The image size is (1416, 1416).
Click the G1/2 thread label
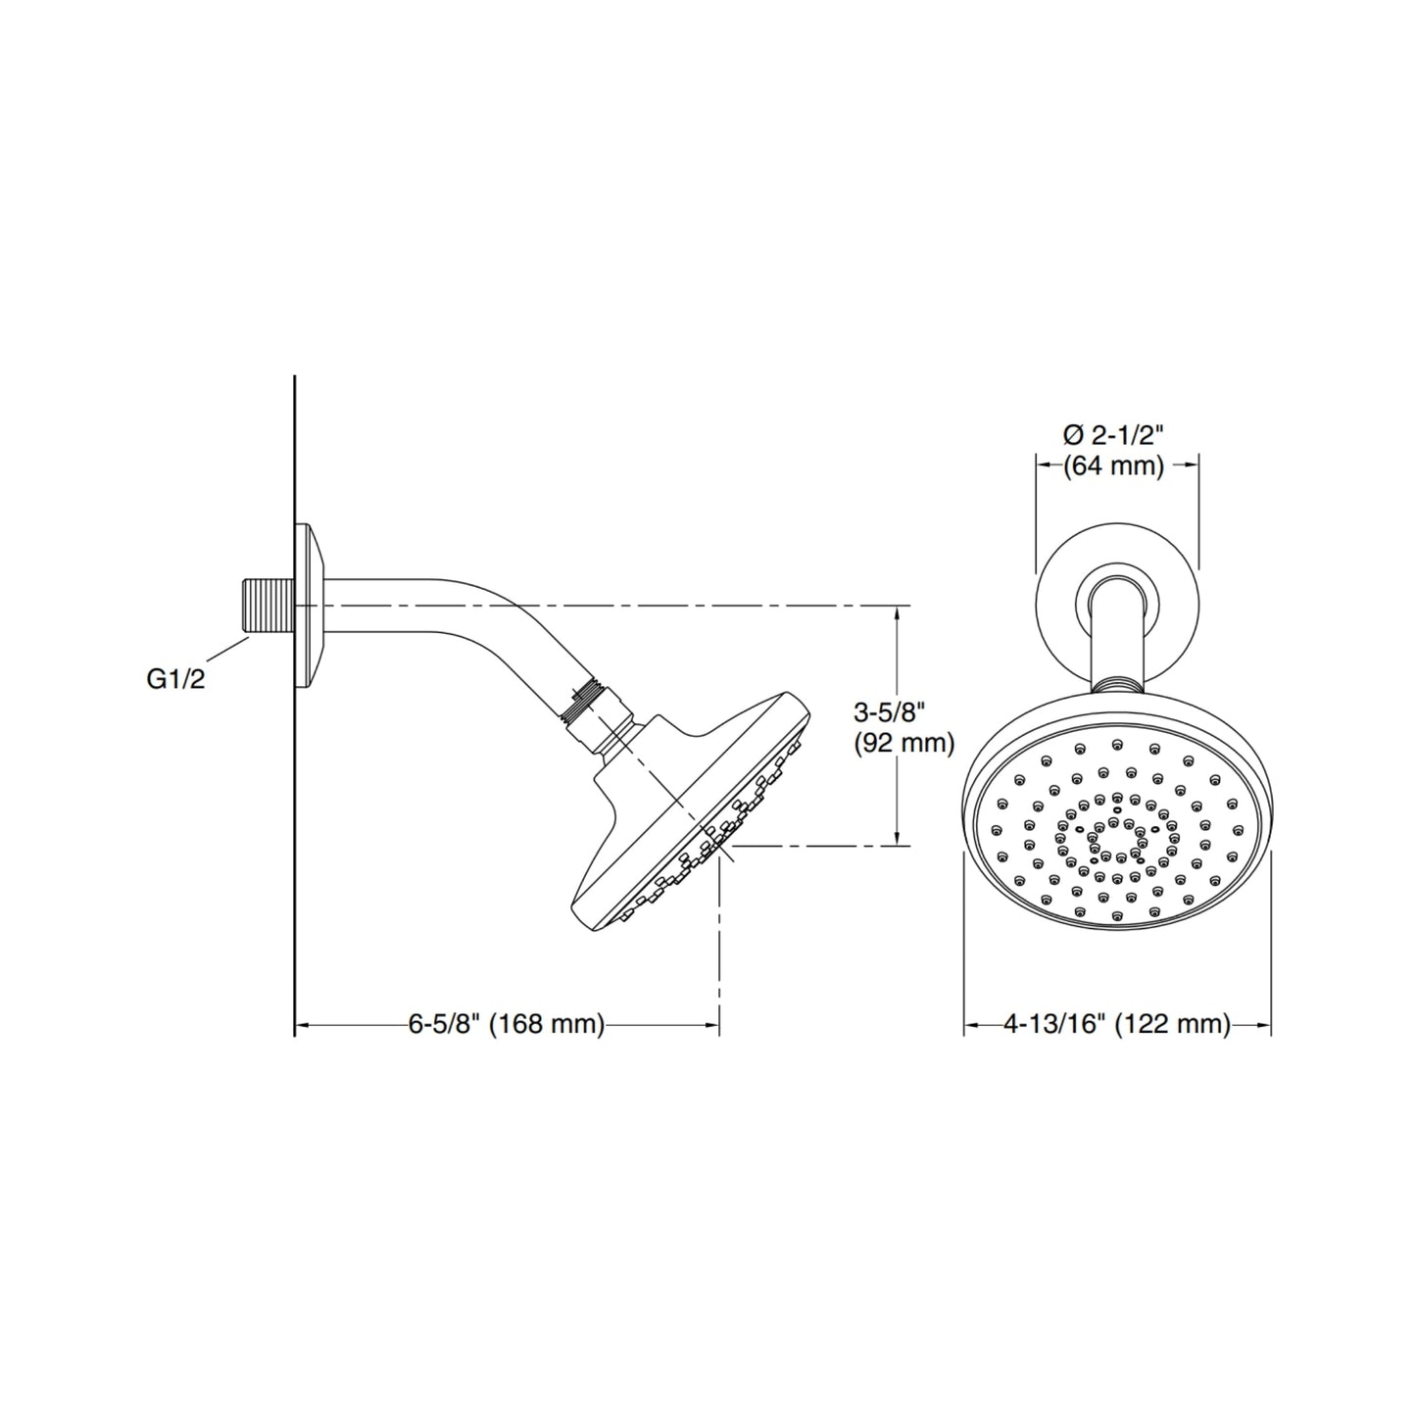tap(175, 679)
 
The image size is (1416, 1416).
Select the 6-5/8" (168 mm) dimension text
tap(507, 1024)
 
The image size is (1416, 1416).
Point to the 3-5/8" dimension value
tap(889, 711)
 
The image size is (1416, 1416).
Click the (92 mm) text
tap(903, 744)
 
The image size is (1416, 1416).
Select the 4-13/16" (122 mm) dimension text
tap(1116, 1024)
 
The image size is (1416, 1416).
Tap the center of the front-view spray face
tap(1116, 839)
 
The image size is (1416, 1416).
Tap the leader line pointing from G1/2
tap(225, 651)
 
